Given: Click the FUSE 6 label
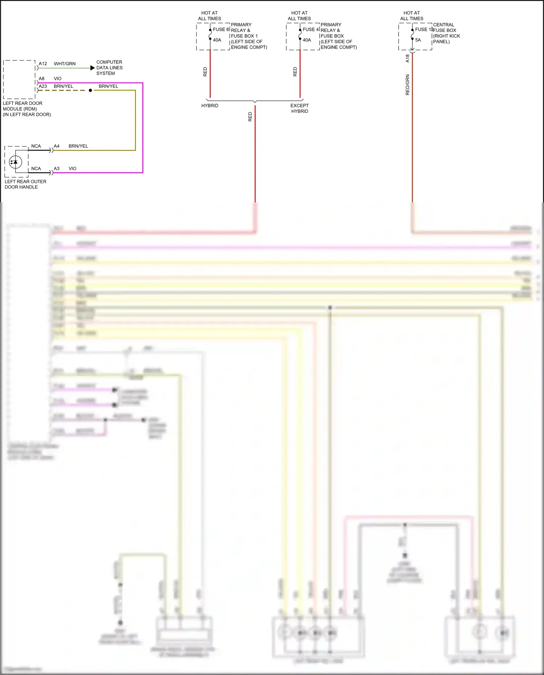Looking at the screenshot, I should tap(221, 29).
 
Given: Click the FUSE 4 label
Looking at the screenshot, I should tap(310, 29).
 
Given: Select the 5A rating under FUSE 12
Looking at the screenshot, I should tap(418, 40).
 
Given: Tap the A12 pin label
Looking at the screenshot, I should tap(43, 63).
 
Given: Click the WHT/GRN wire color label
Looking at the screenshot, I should tap(65, 63).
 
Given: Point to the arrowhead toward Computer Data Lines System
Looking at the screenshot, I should tap(92, 68).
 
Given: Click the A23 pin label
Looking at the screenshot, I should tap(43, 86).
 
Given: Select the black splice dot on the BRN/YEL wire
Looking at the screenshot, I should tap(90, 90).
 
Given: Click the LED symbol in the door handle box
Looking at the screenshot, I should tap(15, 162).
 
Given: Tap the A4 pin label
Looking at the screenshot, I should tap(57, 146).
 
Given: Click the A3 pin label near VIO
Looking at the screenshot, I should tap(57, 169).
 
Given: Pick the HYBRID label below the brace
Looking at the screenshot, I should tap(210, 106).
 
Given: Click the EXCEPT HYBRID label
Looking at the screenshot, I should tap(300, 108).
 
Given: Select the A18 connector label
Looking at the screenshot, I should tap(407, 58).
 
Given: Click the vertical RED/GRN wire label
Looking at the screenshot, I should tap(407, 85).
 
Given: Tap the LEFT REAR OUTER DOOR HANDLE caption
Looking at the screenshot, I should tap(25, 184).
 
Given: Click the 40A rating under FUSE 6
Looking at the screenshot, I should tap(217, 40).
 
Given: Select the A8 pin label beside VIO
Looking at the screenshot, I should tap(42, 78).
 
